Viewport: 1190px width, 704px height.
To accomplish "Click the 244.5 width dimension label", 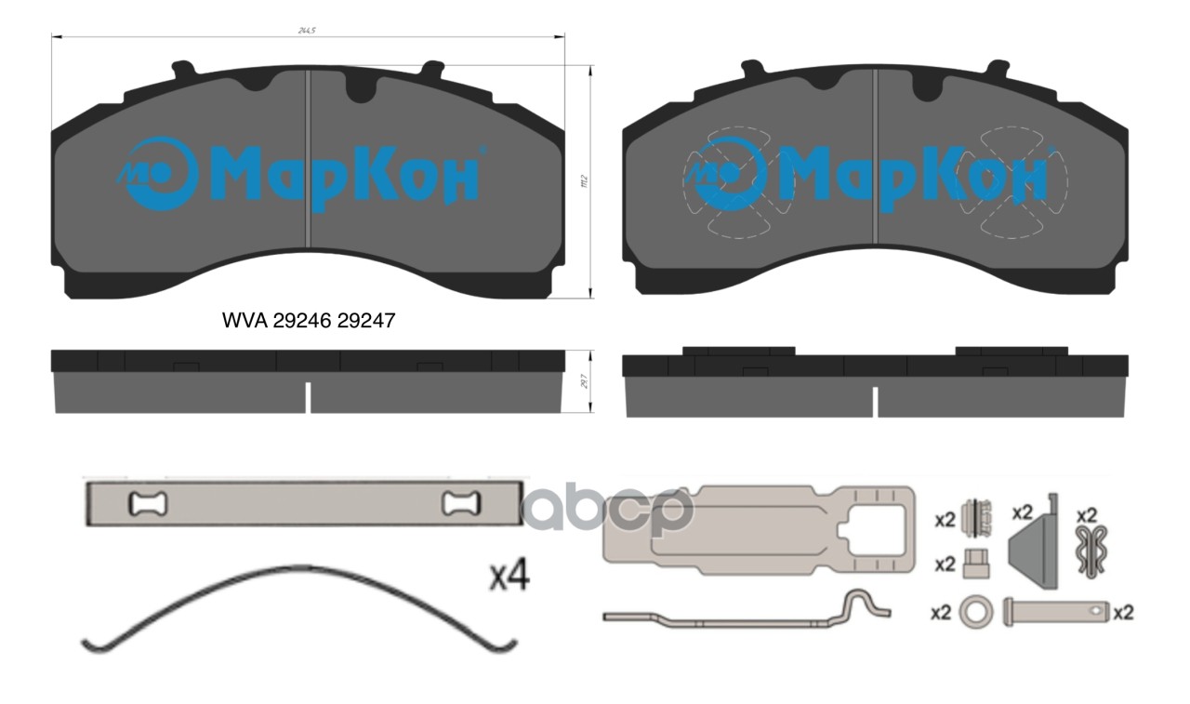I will click(x=306, y=31).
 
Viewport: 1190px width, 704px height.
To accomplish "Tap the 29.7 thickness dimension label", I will click(x=583, y=381).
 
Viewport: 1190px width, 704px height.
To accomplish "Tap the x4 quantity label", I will click(x=509, y=577).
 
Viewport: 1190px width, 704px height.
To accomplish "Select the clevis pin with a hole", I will click(x=1056, y=612).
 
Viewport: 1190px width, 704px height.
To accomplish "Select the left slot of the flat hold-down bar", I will click(x=147, y=504).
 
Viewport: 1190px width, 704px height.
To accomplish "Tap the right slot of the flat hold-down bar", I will click(x=461, y=504).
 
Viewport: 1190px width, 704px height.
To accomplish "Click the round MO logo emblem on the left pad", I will click(x=157, y=172).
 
